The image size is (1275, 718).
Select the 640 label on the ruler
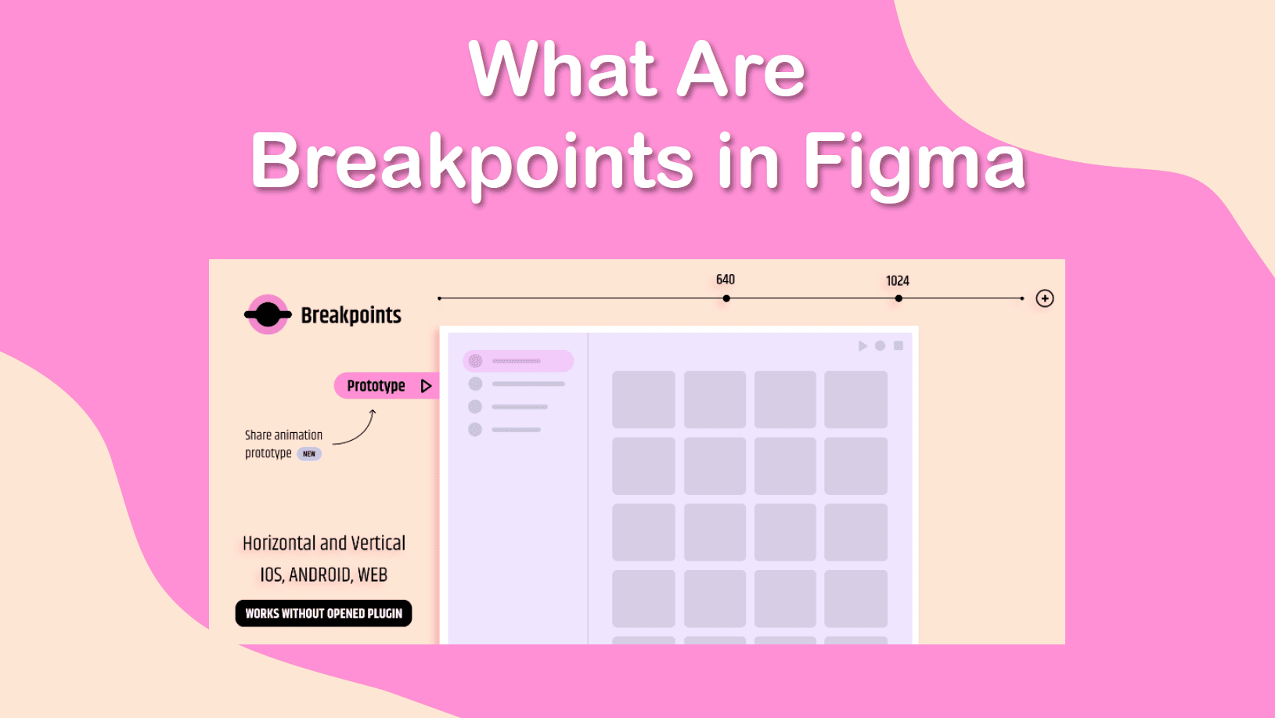(x=725, y=280)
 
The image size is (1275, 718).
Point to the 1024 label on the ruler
(x=898, y=281)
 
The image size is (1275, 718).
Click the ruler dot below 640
(x=726, y=298)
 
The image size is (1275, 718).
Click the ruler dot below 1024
(x=899, y=298)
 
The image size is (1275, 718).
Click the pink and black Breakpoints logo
(x=268, y=314)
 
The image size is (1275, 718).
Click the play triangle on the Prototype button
(x=426, y=386)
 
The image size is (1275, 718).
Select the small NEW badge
(x=309, y=454)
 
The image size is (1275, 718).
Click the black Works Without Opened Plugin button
(x=323, y=613)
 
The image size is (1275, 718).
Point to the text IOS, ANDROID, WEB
(x=324, y=575)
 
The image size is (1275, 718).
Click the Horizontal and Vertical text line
(x=324, y=543)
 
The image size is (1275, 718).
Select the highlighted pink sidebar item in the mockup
(x=518, y=361)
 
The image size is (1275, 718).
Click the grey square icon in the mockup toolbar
(x=899, y=345)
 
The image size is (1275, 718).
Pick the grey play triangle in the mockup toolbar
(x=863, y=346)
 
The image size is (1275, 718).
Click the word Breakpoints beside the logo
(x=351, y=316)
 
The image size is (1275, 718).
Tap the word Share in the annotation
(x=258, y=435)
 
